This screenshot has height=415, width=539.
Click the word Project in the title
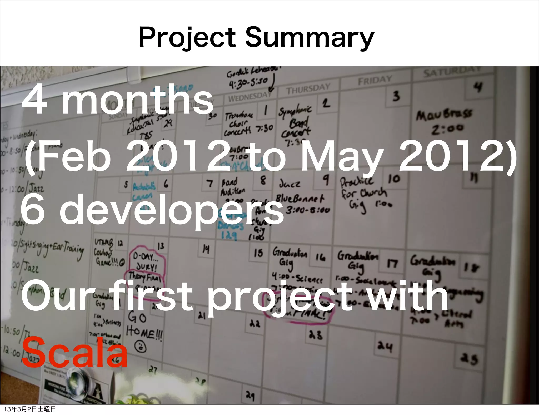[x=187, y=38]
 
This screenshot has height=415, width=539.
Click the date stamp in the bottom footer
[x=30, y=409]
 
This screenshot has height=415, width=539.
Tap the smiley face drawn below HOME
[x=140, y=347]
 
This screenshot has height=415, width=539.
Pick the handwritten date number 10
[x=394, y=179]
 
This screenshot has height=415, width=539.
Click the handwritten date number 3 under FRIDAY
[x=396, y=96]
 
